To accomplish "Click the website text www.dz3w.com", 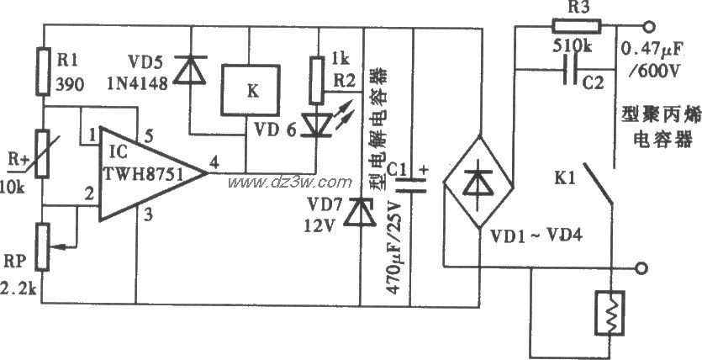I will pyautogui.click(x=288, y=182).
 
